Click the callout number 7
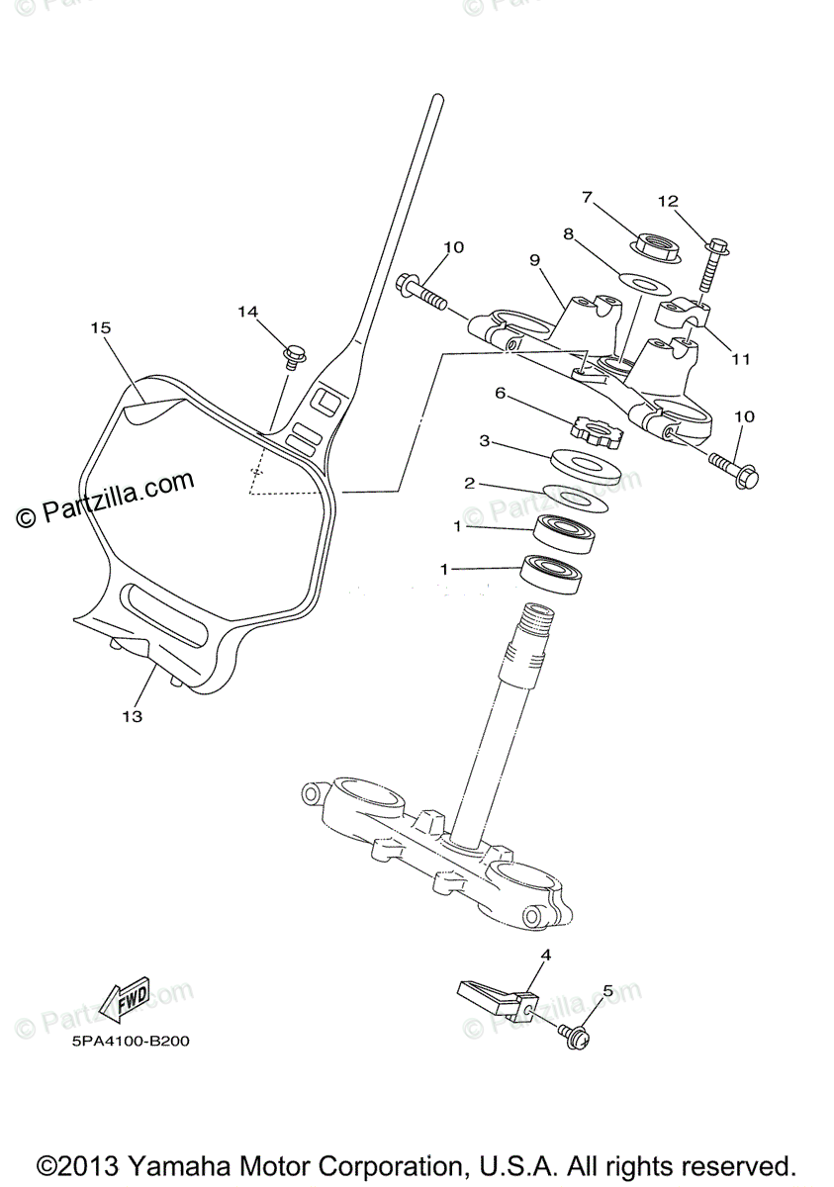(587, 198)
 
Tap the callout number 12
(670, 202)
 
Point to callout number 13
(132, 716)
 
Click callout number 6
(501, 393)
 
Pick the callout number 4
(545, 955)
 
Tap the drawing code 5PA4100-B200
(130, 1042)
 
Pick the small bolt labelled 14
(294, 353)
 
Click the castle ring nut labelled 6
(593, 430)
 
